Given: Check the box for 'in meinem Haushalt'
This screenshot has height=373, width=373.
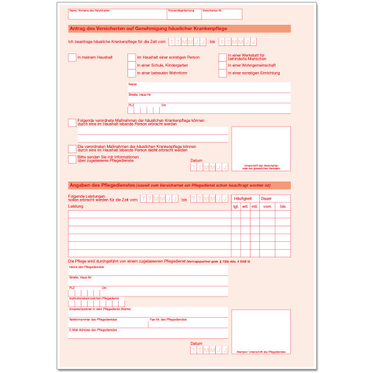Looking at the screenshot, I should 71,57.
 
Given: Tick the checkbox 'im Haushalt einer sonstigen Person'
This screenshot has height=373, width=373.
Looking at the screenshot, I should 131,57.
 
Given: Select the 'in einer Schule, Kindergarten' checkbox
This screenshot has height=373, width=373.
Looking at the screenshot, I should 131,65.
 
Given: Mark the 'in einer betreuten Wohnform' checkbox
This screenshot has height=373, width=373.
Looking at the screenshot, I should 131,73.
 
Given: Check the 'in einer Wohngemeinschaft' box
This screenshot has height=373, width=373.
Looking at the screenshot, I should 223,65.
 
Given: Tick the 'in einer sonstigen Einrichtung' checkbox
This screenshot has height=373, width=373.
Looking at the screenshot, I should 223,73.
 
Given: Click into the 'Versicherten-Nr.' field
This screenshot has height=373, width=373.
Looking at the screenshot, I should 221,16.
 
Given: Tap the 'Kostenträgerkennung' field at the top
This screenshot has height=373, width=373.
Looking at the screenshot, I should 183,16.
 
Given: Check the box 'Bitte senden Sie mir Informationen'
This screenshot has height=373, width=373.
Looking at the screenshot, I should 71,159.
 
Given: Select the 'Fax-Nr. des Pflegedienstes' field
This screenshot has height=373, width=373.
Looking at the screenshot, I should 187,323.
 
